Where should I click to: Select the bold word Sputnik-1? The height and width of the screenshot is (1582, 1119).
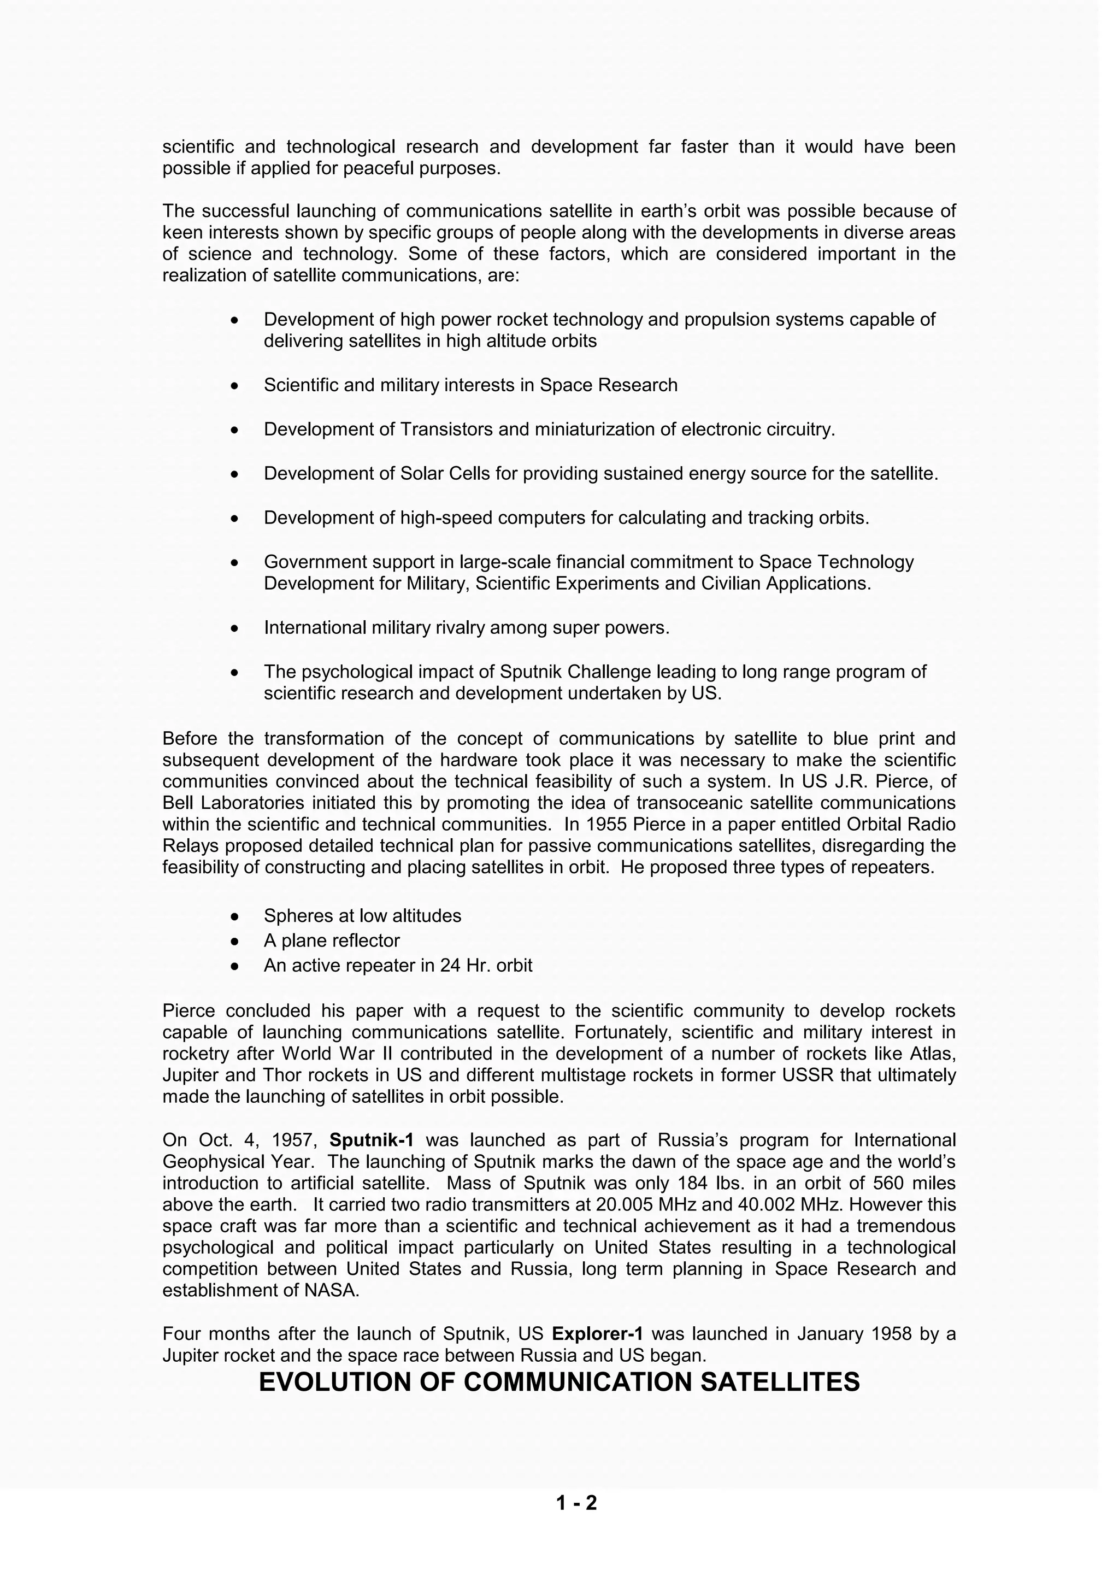click(x=372, y=1140)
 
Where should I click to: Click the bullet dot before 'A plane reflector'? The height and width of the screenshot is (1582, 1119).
click(x=235, y=941)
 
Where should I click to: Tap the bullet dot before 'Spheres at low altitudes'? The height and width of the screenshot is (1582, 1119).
click(x=235, y=916)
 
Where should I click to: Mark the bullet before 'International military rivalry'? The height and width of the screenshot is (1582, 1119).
click(x=235, y=628)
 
